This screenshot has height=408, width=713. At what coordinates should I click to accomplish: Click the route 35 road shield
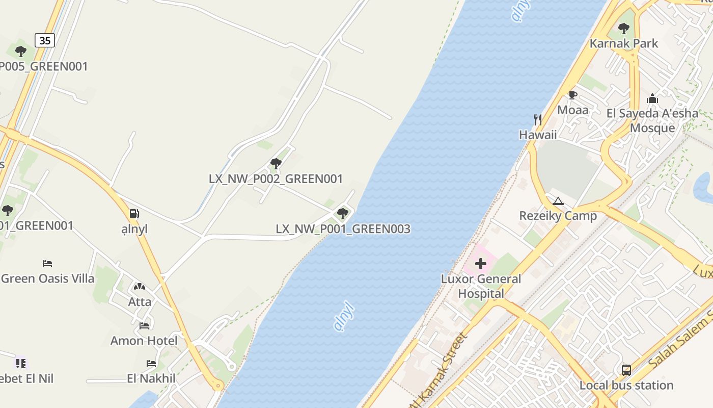[45, 40]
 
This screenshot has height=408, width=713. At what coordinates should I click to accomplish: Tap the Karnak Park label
[624, 43]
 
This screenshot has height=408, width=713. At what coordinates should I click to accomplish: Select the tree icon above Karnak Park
[623, 29]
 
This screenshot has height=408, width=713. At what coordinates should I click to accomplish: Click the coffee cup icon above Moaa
[573, 95]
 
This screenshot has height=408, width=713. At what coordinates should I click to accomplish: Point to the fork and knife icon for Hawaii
[538, 120]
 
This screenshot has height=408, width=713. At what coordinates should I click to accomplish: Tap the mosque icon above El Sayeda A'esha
[652, 98]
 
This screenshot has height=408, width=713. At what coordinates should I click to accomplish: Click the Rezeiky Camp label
[558, 216]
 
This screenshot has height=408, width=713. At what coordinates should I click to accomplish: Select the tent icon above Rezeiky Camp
[558, 201]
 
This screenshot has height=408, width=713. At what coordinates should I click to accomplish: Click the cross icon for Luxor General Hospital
[481, 264]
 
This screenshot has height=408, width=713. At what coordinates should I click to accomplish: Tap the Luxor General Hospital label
[481, 286]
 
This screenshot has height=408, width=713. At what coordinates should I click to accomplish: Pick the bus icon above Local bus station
[626, 370]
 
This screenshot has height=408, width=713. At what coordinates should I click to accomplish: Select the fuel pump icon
[134, 214]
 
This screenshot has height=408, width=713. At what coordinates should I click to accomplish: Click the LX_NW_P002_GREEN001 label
[276, 179]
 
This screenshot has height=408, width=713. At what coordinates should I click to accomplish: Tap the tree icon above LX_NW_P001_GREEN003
[343, 213]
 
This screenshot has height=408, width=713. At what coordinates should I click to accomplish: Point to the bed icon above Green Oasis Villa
[47, 264]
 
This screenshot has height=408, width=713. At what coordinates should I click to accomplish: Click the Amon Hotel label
[144, 341]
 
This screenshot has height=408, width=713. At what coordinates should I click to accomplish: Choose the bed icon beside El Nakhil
[151, 364]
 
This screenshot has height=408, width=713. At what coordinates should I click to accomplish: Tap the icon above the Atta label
[140, 287]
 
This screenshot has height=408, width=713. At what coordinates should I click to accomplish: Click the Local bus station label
[626, 385]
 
